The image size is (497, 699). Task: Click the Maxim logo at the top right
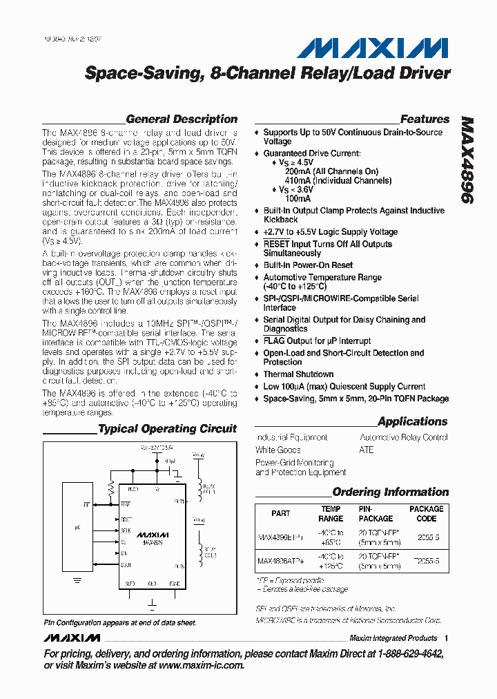click(372, 48)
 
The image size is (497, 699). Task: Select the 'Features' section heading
click(425, 119)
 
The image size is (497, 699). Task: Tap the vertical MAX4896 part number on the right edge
click(467, 158)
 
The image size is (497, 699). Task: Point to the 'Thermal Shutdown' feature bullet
click(298, 374)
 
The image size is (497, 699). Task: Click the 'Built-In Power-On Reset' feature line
click(308, 265)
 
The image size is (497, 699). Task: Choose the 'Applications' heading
click(413, 421)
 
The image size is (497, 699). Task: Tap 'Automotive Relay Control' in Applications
click(404, 438)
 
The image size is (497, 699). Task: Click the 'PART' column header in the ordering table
click(281, 513)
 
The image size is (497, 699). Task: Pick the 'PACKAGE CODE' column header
click(427, 513)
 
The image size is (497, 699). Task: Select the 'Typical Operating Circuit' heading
click(167, 429)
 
